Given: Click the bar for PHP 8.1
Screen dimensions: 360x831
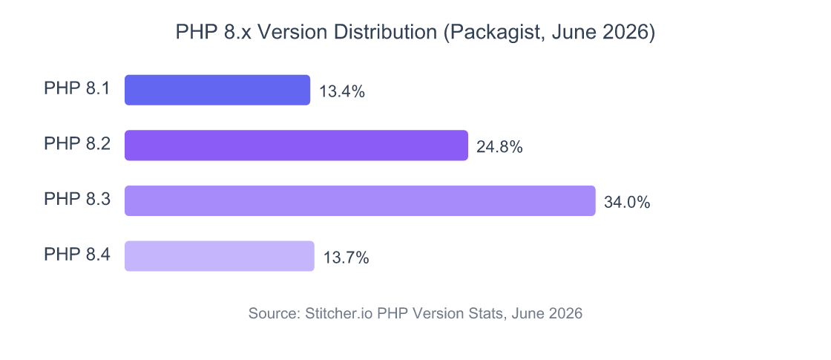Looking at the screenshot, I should pos(217,90).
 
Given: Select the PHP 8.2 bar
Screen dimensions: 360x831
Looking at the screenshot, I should pos(296,145).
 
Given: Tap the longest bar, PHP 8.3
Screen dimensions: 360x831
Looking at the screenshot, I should pos(360,201).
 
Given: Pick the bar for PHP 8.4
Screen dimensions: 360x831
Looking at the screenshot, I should pos(220,256).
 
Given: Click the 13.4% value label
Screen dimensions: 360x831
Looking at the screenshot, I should pos(342,92).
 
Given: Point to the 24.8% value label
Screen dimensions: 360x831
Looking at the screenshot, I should pos(499,147).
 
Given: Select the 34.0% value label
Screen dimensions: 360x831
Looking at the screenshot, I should pos(627,203).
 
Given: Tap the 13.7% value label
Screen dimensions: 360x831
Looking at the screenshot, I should pos(346,258).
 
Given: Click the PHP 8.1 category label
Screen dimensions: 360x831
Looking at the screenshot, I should pos(77,89).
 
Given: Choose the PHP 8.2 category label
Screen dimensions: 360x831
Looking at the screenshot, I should pos(77,145).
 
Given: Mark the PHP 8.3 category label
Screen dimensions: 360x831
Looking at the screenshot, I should pos(77,200).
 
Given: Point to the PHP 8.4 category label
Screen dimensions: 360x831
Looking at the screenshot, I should pos(77,255).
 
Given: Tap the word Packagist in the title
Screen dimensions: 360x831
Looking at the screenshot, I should pos(496,33).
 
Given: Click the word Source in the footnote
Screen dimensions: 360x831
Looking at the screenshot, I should pos(272,313).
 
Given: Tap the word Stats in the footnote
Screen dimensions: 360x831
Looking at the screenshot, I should pos(486,313).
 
